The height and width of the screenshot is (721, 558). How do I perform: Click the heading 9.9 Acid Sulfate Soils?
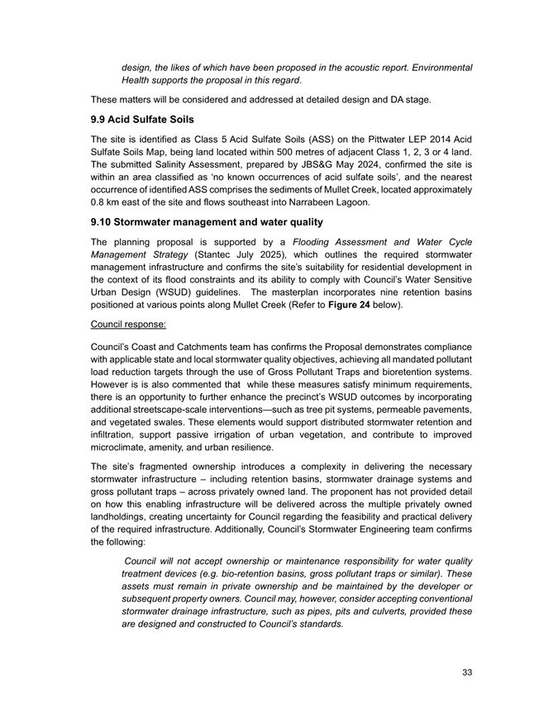pyautogui.click(x=140, y=120)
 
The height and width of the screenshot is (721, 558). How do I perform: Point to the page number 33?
pyautogui.click(x=467, y=673)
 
